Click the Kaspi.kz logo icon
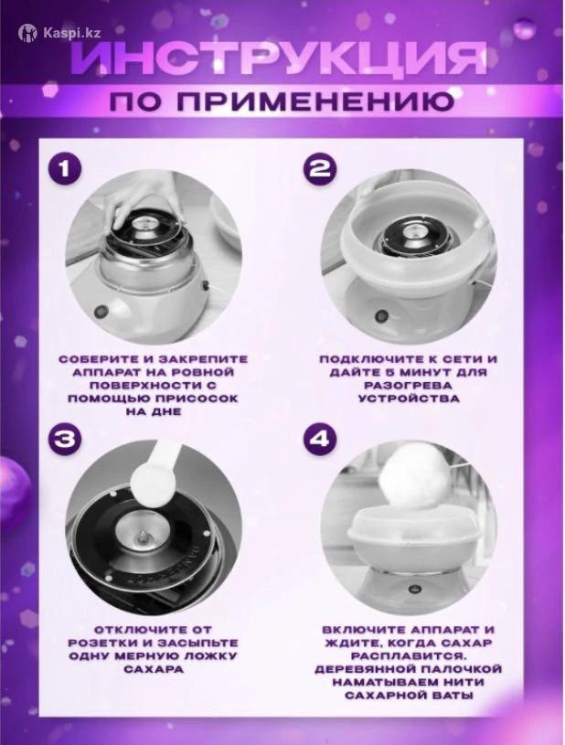pyautogui.click(x=27, y=33)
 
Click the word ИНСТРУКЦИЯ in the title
pyautogui.click(x=281, y=59)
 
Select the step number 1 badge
pyautogui.click(x=64, y=169)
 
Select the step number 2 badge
pyautogui.click(x=320, y=169)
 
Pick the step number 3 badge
pyautogui.click(x=64, y=439)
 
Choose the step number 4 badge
pyautogui.click(x=320, y=439)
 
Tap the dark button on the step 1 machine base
pyautogui.click(x=100, y=312)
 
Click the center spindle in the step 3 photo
pyautogui.click(x=143, y=536)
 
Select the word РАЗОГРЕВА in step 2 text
pyautogui.click(x=408, y=385)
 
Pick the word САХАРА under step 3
pyautogui.click(x=153, y=669)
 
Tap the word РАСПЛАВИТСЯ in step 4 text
pyautogui.click(x=408, y=656)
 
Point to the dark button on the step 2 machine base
pyautogui.click(x=381, y=315)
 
